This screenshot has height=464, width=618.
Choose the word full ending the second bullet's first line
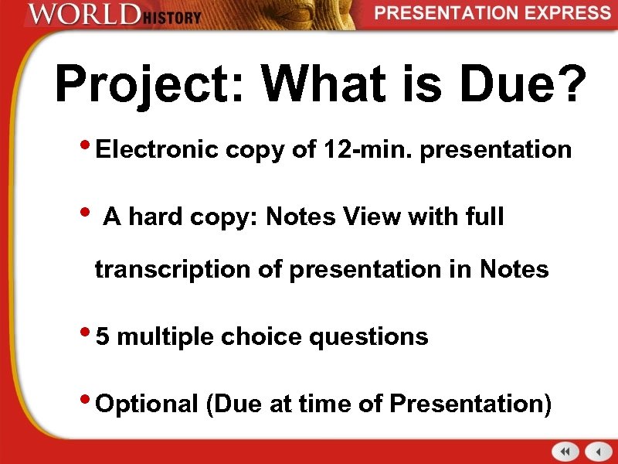click(x=483, y=217)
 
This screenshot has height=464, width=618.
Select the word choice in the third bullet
click(x=252, y=336)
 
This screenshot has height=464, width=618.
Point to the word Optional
click(x=148, y=404)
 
